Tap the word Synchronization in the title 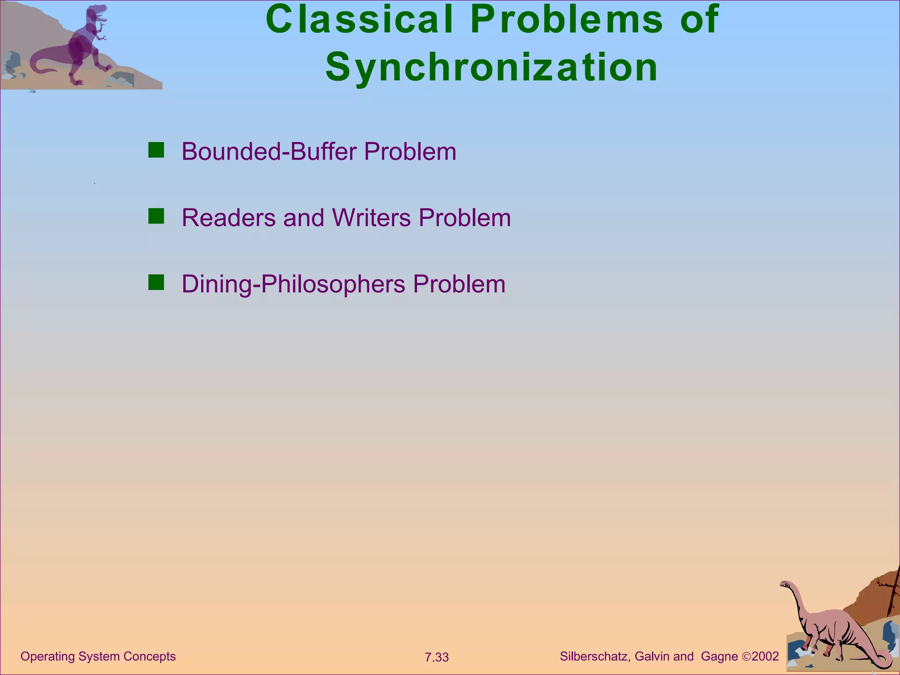click(492, 67)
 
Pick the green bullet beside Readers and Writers click(156, 216)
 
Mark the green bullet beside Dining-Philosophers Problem click(156, 283)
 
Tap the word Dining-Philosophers click(293, 284)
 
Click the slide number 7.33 click(436, 657)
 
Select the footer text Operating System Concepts click(98, 657)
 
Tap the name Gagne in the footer click(719, 657)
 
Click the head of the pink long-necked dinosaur click(785, 584)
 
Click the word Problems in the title click(566, 19)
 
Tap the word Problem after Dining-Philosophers click(459, 284)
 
